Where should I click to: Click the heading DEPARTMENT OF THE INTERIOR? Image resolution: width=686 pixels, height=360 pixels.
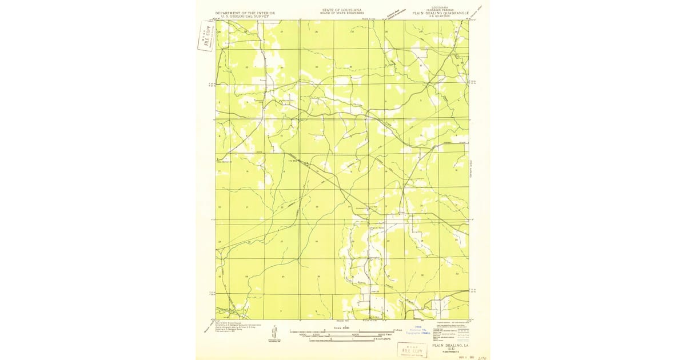(245, 13)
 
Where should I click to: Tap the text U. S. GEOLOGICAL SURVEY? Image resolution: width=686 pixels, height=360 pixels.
(245, 16)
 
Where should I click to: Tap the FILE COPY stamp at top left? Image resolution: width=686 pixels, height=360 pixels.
(205, 36)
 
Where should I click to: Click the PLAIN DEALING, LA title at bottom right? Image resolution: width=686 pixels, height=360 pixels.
(451, 346)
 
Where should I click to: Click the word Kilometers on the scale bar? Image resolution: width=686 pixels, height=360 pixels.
(384, 339)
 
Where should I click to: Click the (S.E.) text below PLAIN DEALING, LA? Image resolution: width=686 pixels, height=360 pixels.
(451, 349)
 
